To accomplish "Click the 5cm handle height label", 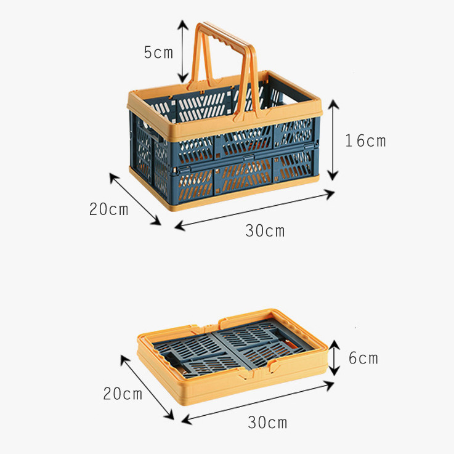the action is click(158, 53).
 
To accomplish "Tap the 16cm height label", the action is click(365, 141).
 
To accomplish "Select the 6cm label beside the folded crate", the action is click(363, 358).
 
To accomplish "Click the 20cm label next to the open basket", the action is click(108, 209).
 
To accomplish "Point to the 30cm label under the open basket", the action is click(265, 231).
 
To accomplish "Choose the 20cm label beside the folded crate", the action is click(123, 394).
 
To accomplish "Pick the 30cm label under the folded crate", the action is click(267, 422).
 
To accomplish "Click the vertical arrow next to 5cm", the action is click(183, 51).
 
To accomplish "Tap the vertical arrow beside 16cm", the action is click(333, 140).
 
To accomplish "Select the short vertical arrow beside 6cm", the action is click(334, 358).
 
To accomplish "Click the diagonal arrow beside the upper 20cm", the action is click(135, 199).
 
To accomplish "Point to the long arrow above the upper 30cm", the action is click(254, 210).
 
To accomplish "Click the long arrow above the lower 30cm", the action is click(257, 403).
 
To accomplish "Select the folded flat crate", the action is click(233, 357).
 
